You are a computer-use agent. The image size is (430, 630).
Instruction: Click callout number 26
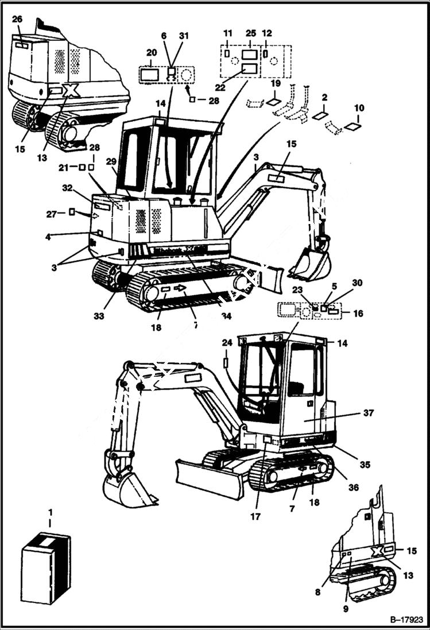(x=17, y=19)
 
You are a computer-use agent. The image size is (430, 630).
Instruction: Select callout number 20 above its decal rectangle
(x=151, y=51)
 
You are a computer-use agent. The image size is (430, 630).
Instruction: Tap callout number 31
(x=184, y=36)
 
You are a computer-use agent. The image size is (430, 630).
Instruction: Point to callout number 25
(x=250, y=33)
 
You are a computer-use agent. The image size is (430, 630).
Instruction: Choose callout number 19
(x=276, y=84)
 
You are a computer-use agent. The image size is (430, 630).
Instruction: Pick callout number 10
(x=359, y=108)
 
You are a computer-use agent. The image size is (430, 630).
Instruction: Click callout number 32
(x=67, y=188)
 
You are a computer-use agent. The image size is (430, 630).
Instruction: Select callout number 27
(x=51, y=214)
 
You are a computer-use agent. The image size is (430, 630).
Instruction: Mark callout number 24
(x=227, y=343)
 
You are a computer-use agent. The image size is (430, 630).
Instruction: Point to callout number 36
(x=353, y=487)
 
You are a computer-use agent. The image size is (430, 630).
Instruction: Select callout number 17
(x=255, y=516)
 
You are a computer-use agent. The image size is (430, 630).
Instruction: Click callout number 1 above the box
(x=50, y=512)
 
